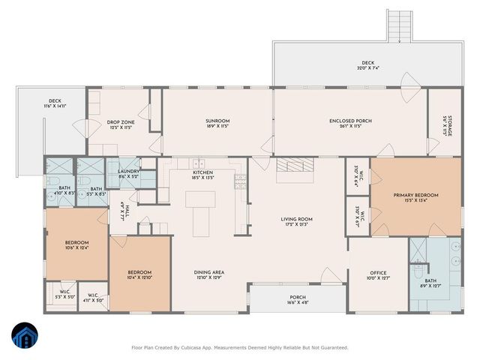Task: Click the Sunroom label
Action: (217, 121)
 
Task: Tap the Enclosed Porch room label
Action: (350, 121)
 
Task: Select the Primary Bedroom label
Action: (415, 195)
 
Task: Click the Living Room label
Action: (296, 219)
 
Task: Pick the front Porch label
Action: (297, 297)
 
